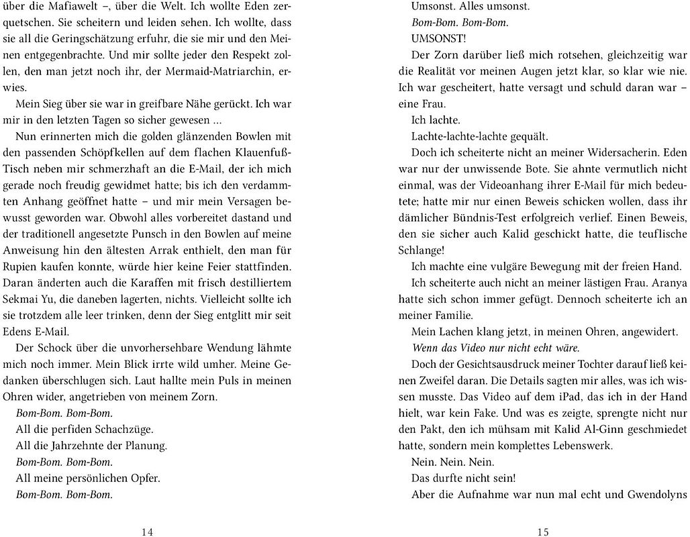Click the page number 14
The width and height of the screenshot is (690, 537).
(148, 532)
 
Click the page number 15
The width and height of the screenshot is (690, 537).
(543, 532)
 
